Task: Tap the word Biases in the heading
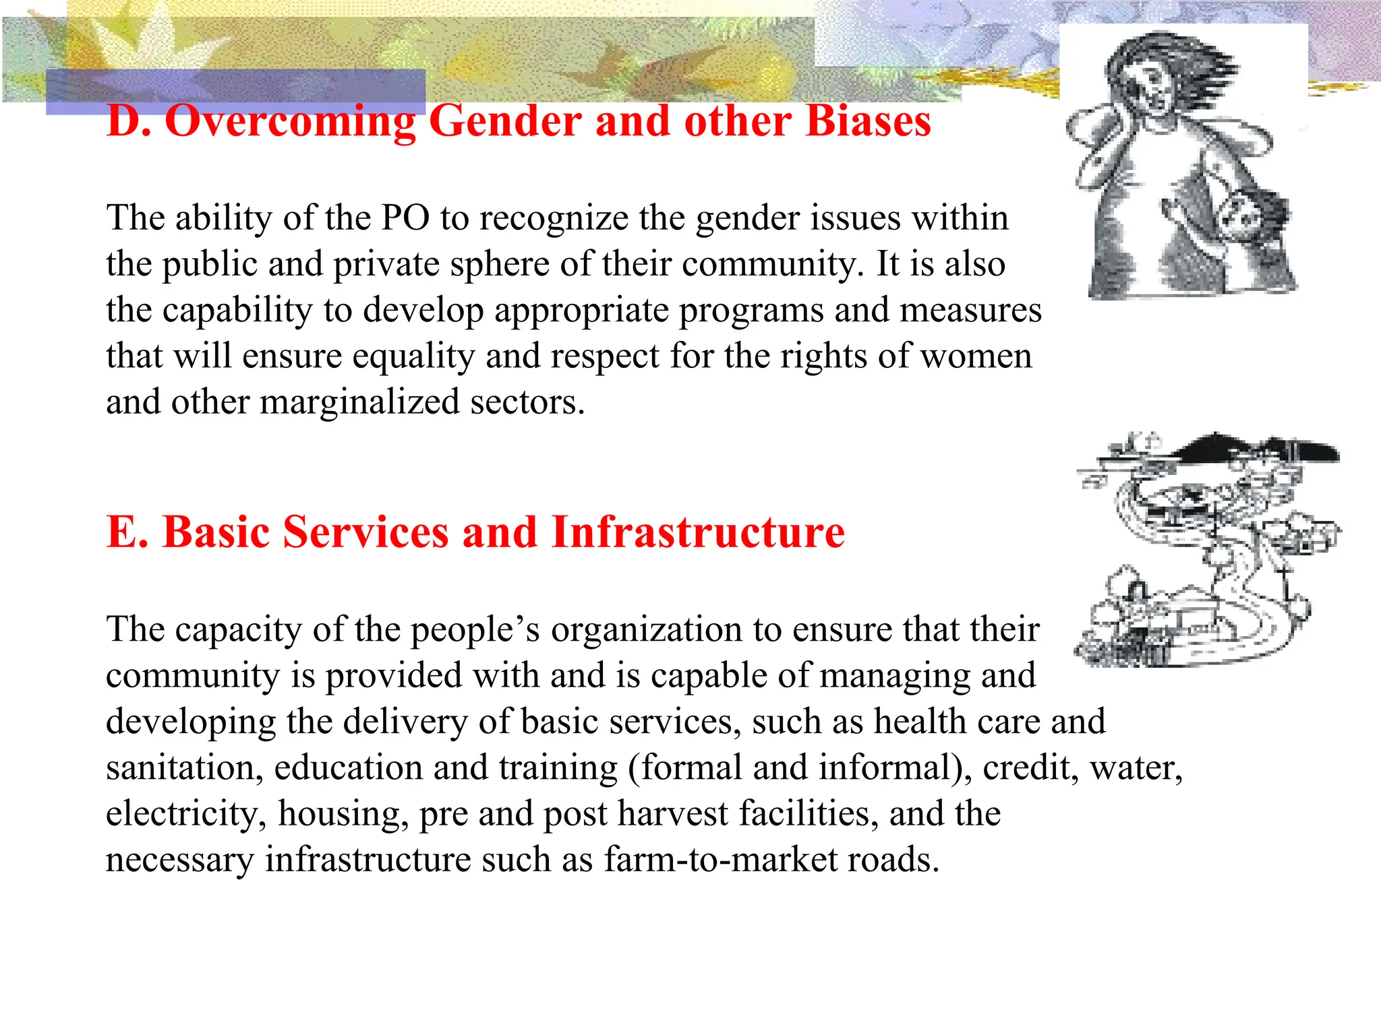point(868,122)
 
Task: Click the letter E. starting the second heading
point(127,532)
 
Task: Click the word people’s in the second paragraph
point(475,630)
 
